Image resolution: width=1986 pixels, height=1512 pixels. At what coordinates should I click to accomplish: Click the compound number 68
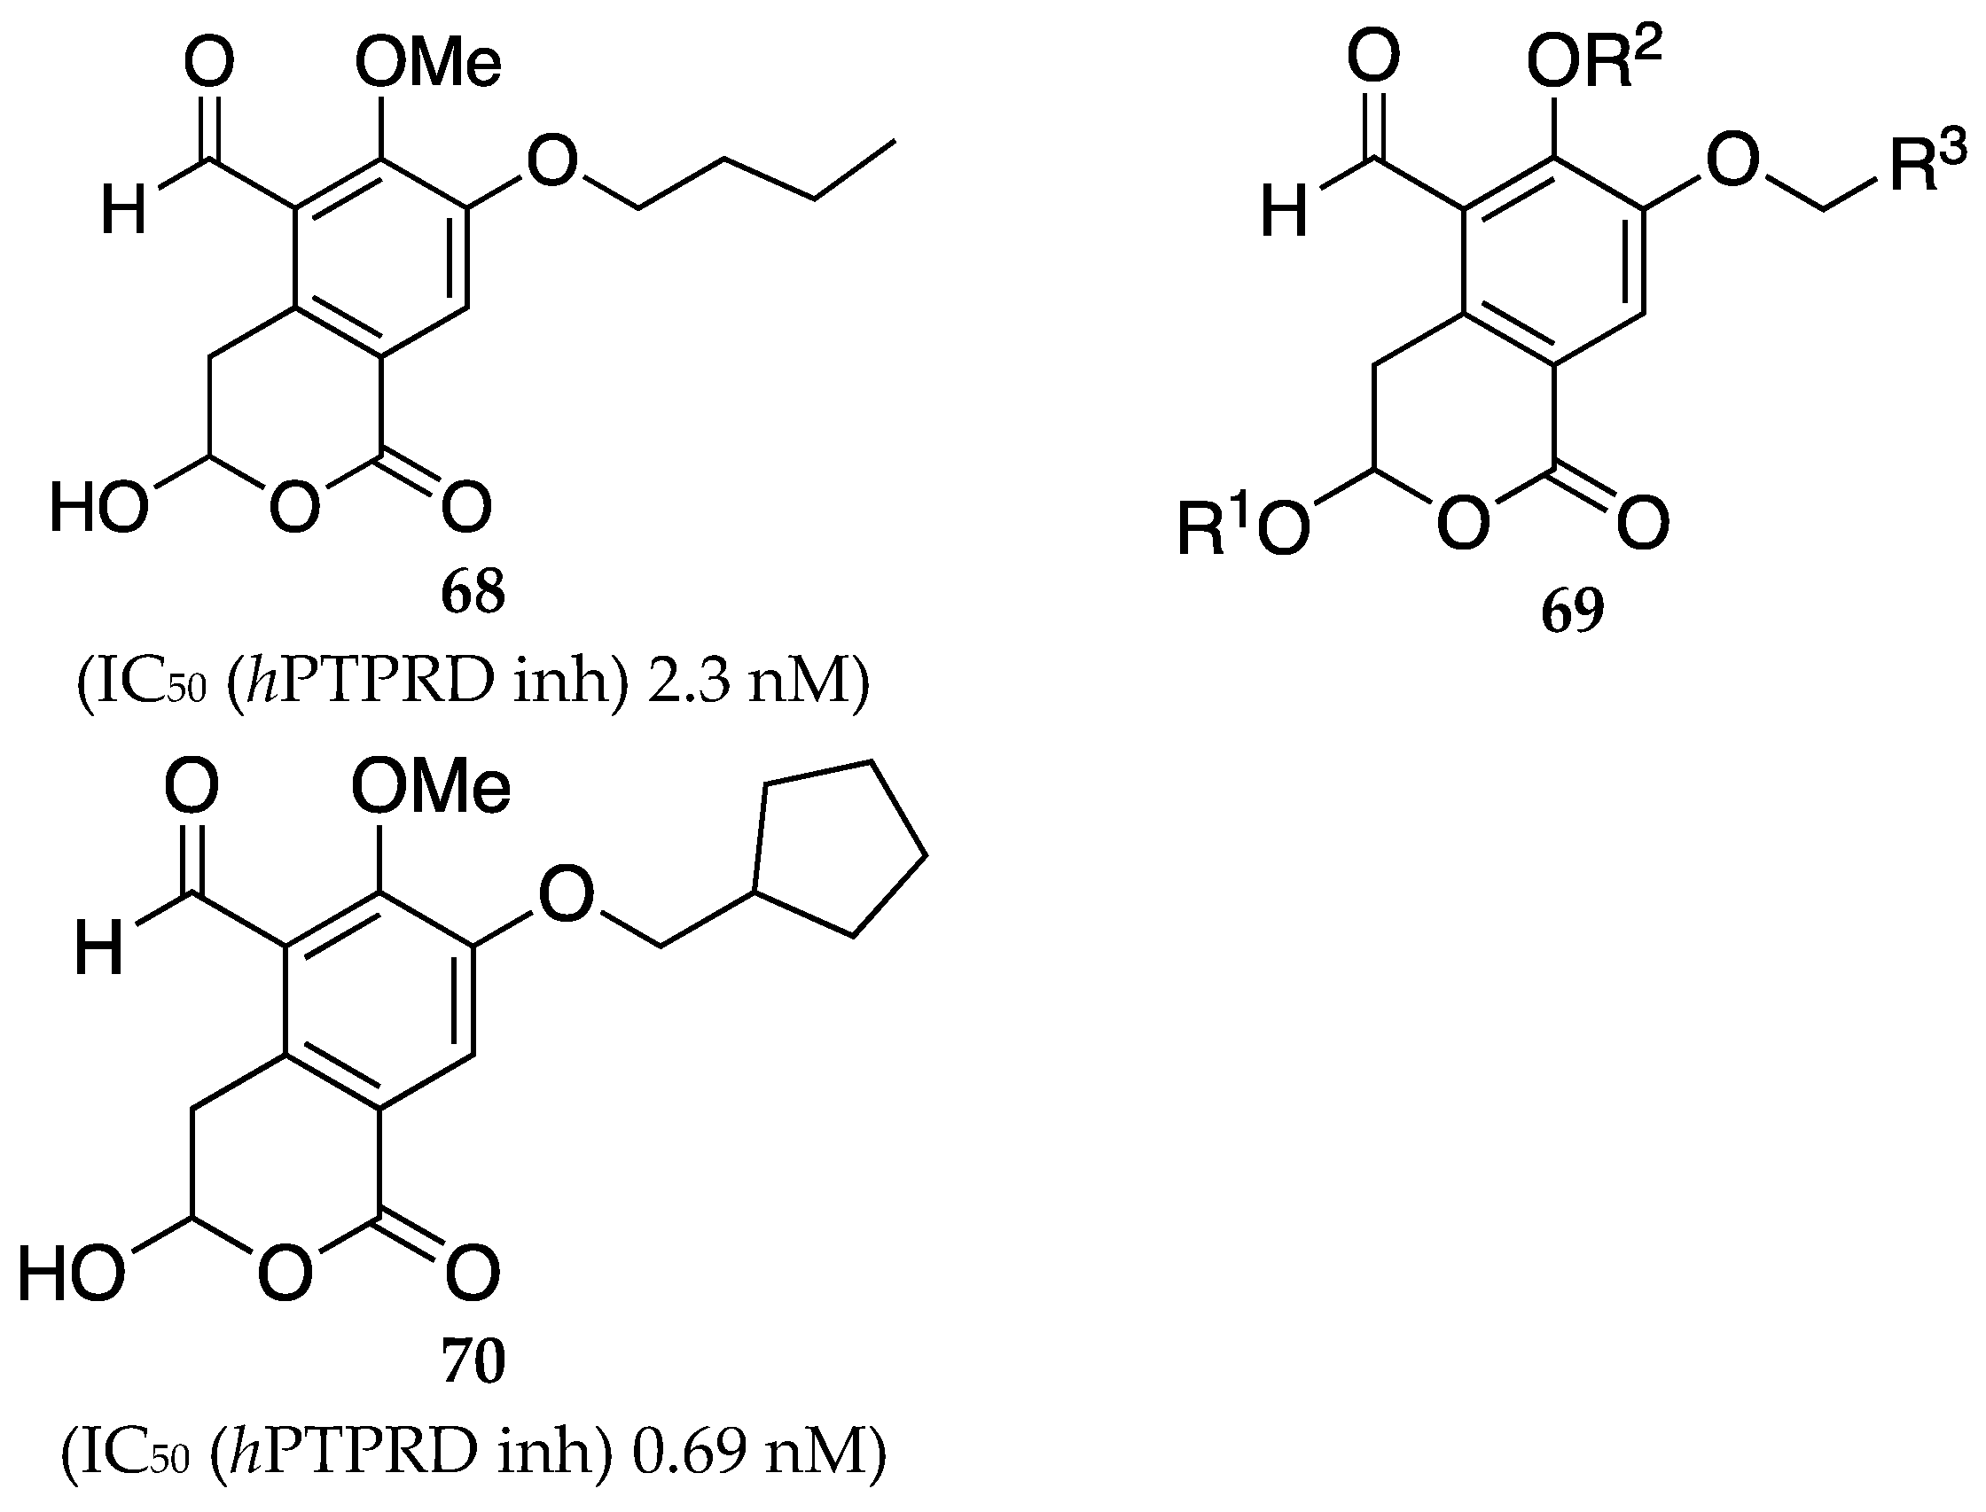pos(473,591)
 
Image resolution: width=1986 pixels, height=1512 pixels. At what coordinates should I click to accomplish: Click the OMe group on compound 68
pos(427,64)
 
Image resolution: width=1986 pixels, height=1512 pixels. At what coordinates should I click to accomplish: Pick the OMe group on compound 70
pos(430,787)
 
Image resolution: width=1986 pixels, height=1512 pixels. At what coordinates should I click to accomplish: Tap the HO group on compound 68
pos(98,507)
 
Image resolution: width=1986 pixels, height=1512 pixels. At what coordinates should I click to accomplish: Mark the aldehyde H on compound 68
pos(123,213)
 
